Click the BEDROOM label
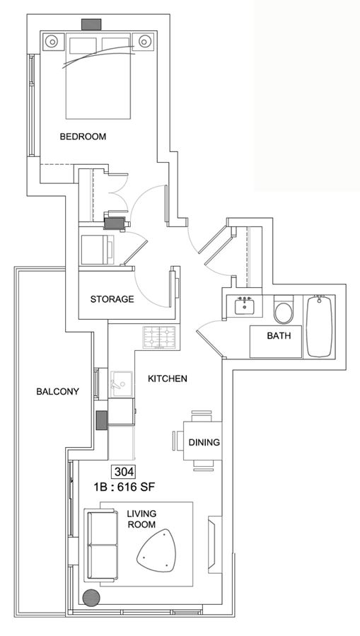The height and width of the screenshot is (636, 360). tap(83, 137)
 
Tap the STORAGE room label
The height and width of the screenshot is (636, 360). tap(112, 299)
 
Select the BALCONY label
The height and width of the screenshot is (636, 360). tap(57, 391)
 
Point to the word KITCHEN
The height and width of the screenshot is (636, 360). tap(168, 378)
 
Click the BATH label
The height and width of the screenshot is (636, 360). tap(279, 336)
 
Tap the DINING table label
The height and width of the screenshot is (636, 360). tap(204, 442)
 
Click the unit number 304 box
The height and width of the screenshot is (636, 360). tap(123, 472)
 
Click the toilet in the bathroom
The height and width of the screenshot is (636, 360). tap(284, 310)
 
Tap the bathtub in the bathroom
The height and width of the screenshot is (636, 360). tap(320, 327)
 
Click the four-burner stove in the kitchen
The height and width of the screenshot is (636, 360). tap(159, 337)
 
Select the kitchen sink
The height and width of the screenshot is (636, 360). tap(121, 383)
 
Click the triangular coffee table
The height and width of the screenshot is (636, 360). tap(158, 550)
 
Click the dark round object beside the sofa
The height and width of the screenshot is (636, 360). tap(91, 598)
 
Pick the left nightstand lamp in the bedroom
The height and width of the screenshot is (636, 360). tap(52, 41)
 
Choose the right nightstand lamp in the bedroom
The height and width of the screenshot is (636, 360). tap(144, 41)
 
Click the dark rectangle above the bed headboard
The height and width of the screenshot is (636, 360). tap(91, 24)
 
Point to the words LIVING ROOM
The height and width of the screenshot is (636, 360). tap(142, 519)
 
